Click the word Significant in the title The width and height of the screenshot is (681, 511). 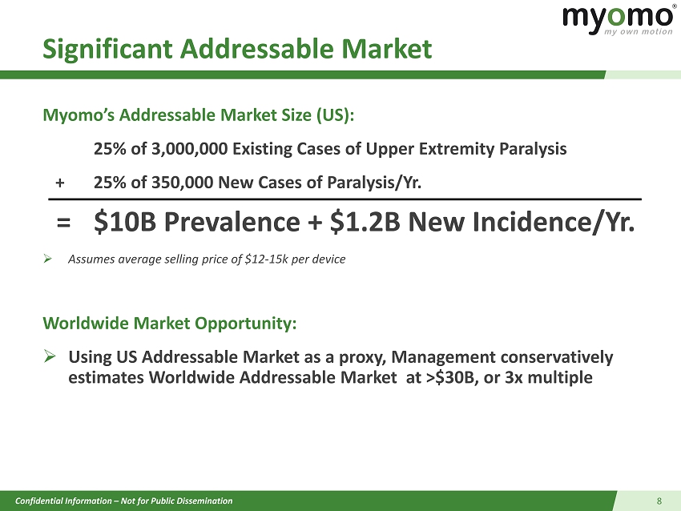click(x=107, y=49)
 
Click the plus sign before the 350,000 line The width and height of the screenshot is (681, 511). click(x=60, y=183)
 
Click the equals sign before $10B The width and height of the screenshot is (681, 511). click(x=63, y=223)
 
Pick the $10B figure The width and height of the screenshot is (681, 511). click(x=125, y=222)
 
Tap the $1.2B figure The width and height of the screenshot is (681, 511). click(x=365, y=222)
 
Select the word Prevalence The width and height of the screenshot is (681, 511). click(x=232, y=222)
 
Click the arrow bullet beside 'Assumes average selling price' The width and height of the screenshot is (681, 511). click(x=48, y=259)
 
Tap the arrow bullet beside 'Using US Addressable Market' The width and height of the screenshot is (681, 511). click(x=50, y=356)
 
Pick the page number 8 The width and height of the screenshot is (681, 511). click(x=659, y=501)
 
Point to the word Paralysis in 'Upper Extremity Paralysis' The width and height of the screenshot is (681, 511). click(x=533, y=149)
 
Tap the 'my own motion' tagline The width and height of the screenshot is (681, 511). click(x=639, y=32)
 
